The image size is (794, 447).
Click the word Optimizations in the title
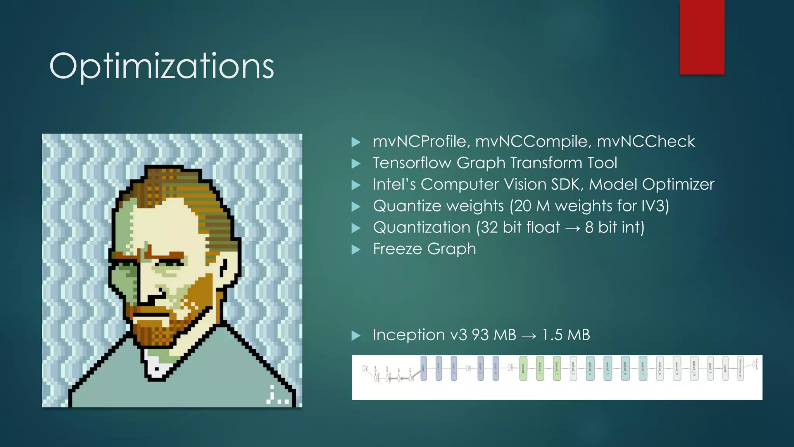162,66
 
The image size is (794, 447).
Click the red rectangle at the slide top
702,37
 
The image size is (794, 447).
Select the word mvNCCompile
533,142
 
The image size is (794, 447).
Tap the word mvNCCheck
646,142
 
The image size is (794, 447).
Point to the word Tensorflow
412,163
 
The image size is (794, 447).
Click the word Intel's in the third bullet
394,184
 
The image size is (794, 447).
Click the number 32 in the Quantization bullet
489,227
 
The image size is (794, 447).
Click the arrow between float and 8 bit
573,229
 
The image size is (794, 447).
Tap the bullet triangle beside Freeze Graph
356,249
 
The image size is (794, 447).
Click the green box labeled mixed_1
540,368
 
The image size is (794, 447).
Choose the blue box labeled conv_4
495,368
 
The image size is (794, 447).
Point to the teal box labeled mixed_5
608,368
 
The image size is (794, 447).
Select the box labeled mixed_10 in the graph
694,368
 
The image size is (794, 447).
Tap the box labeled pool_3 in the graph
710,368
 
